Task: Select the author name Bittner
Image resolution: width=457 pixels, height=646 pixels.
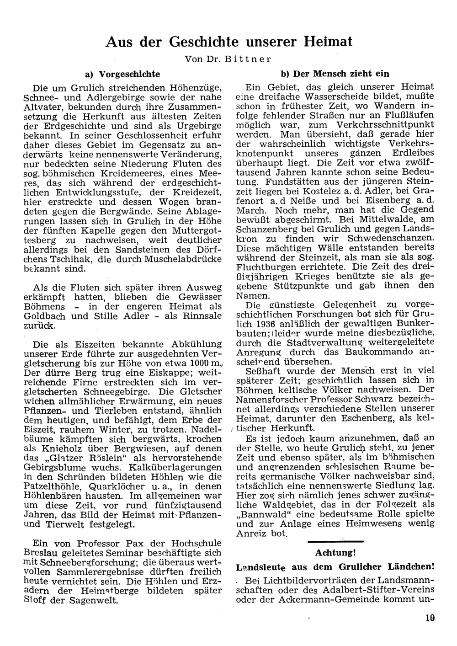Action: tap(250, 59)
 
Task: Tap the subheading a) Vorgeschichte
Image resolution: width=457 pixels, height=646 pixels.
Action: tap(122, 74)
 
